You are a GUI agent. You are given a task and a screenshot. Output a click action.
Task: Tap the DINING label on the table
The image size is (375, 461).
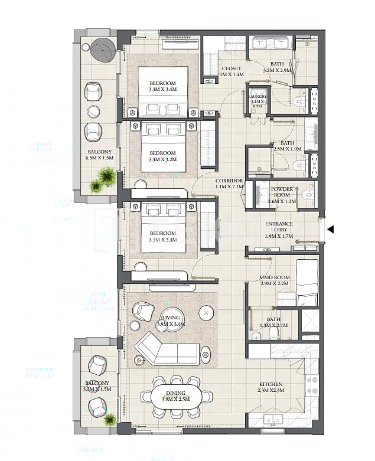pos(175,393)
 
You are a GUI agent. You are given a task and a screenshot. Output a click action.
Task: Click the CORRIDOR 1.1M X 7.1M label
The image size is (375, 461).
pos(229,183)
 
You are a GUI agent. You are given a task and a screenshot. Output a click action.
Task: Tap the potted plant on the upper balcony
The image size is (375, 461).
pos(104,178)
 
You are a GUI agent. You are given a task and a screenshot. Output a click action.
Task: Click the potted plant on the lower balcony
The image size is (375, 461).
pos(110,420)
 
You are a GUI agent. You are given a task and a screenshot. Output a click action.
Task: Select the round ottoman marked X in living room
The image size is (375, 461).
pos(206,312)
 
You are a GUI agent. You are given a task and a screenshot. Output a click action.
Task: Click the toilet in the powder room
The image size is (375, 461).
pos(305,195)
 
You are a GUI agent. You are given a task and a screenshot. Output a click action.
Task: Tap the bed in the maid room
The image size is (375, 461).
pos(306,277)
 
